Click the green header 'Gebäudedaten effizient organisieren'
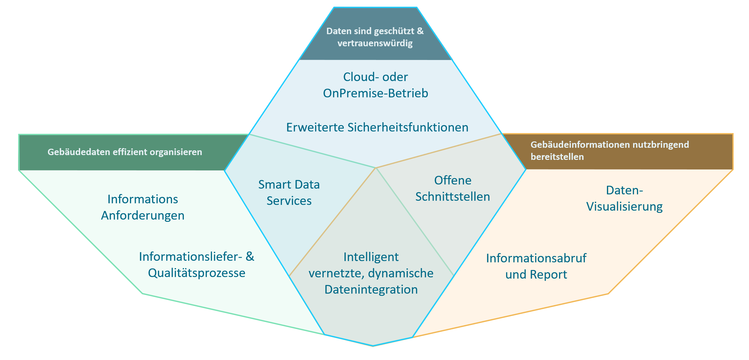click(x=125, y=152)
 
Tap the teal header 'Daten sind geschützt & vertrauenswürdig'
click(x=375, y=37)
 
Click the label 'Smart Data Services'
click(x=289, y=192)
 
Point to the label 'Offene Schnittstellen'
click(x=452, y=188)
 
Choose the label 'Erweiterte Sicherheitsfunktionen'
click(x=377, y=127)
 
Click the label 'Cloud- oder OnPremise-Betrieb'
click(x=375, y=85)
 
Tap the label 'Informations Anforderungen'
click(x=143, y=207)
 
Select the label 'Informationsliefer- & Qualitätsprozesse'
click(x=197, y=265)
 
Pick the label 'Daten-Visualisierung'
click(x=624, y=198)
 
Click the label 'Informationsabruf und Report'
click(x=536, y=266)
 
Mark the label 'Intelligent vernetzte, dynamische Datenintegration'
click(x=371, y=273)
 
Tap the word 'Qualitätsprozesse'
click(x=197, y=273)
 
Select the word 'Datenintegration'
click(x=371, y=289)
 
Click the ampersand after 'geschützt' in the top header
click(x=420, y=31)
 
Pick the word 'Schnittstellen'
click(x=452, y=197)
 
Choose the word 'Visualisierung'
click(x=624, y=206)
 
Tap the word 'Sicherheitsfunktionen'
click(x=408, y=127)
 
